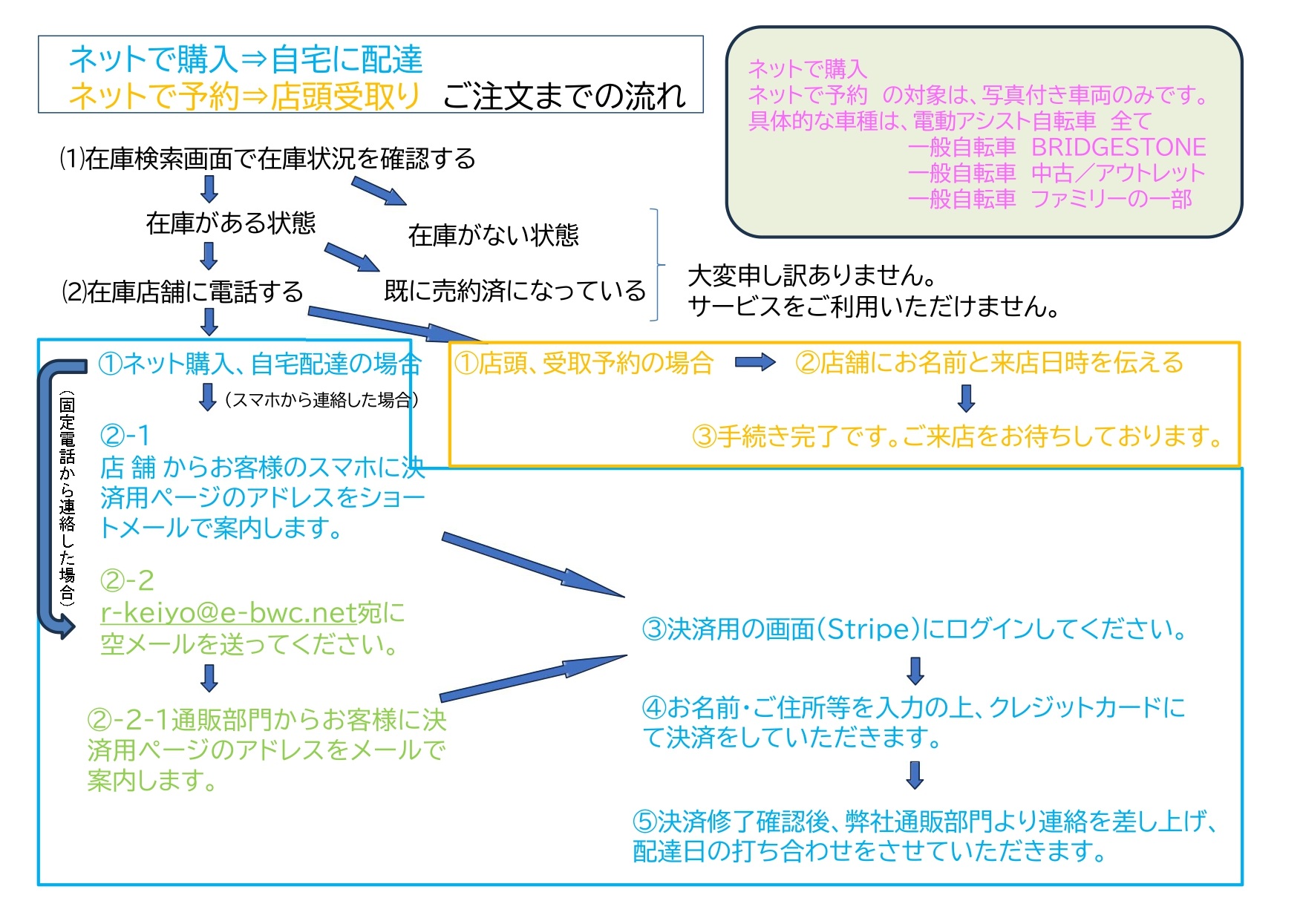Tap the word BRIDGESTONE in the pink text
click(x=1118, y=147)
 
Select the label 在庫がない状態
click(x=494, y=235)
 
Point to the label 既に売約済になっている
click(x=515, y=290)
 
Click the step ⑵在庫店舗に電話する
click(x=183, y=292)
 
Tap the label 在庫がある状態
click(x=231, y=223)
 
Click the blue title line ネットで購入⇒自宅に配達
click(x=246, y=59)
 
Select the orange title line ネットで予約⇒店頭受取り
click(x=244, y=96)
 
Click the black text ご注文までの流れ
click(x=564, y=96)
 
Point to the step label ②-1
click(x=125, y=435)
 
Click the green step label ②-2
click(x=127, y=580)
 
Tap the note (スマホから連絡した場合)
click(x=321, y=400)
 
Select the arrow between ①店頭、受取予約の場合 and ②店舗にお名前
click(x=755, y=362)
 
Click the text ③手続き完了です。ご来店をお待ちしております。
click(x=958, y=436)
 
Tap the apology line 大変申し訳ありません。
click(x=812, y=275)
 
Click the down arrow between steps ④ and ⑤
click(x=915, y=775)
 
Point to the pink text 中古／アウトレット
click(x=1118, y=173)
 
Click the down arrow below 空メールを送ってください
click(x=209, y=678)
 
